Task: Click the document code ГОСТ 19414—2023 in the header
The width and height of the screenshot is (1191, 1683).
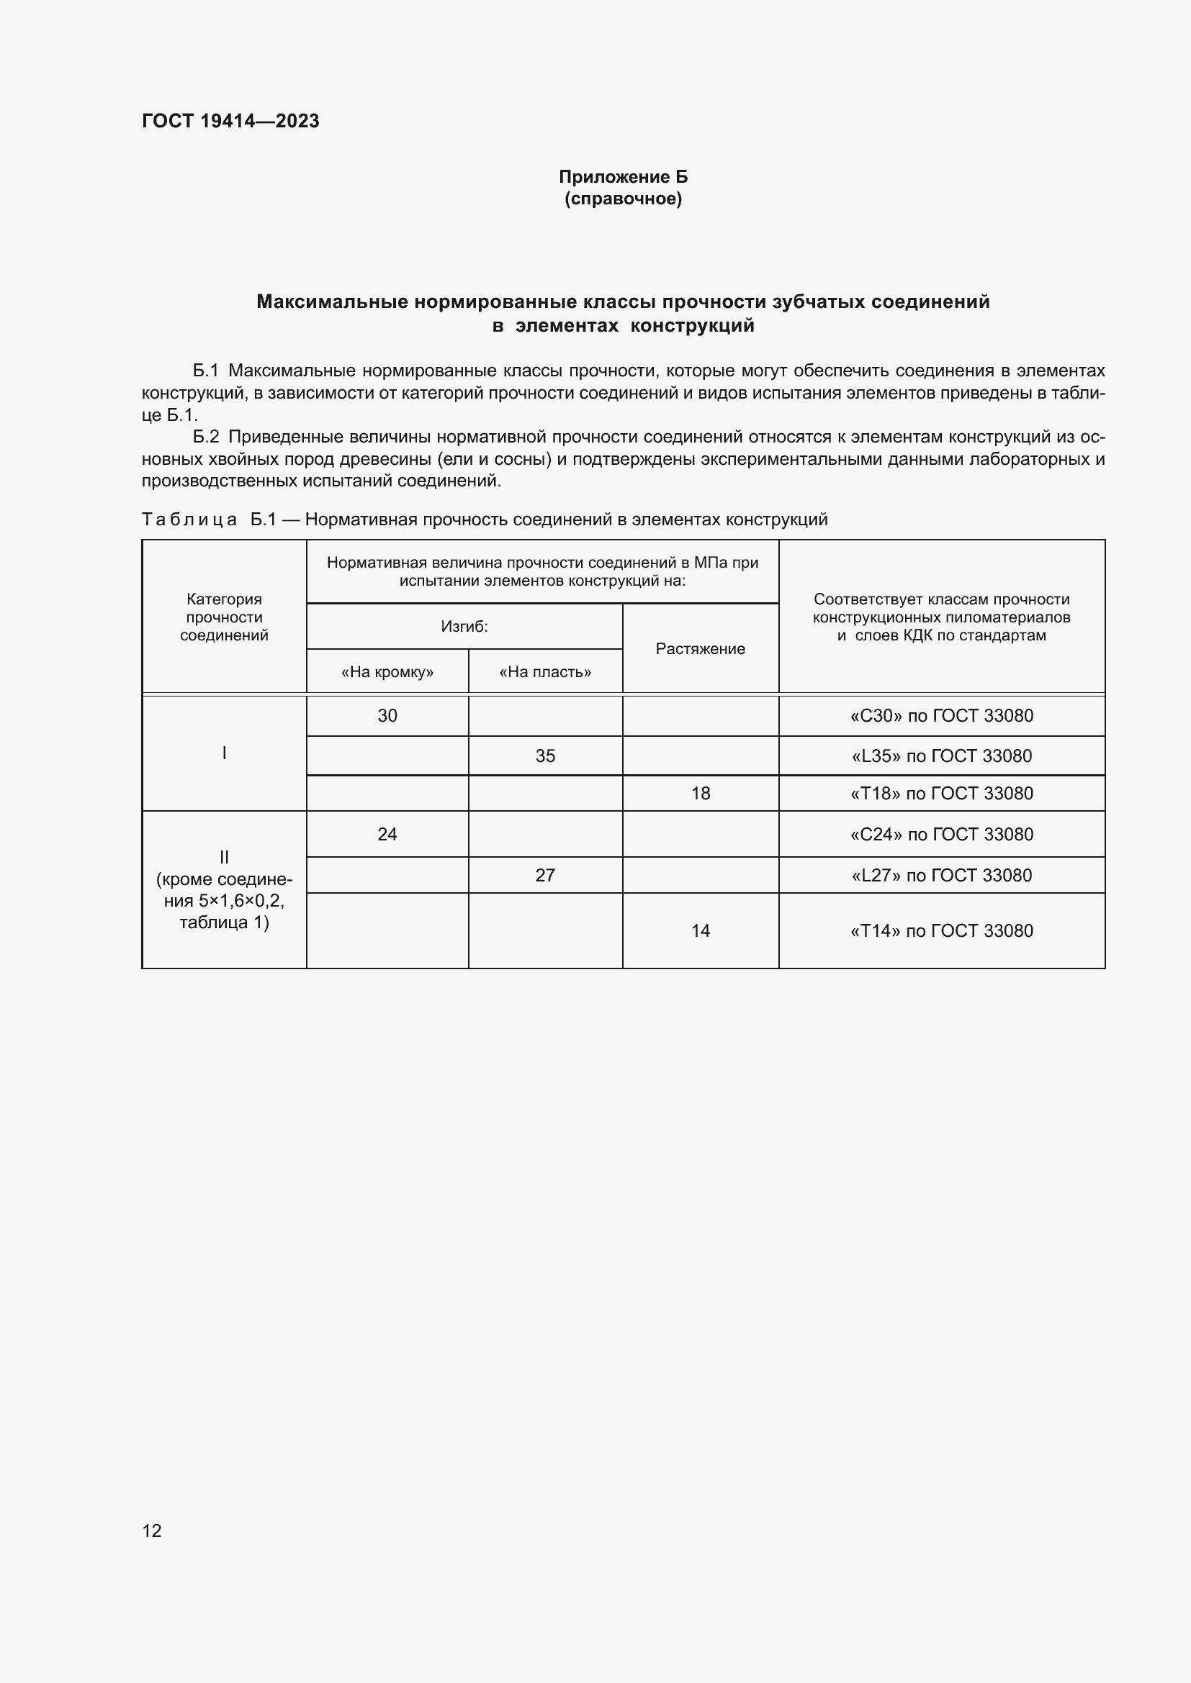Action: [230, 121]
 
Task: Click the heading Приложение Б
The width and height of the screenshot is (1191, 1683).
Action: [623, 177]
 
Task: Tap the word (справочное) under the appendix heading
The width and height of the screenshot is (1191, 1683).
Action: [623, 199]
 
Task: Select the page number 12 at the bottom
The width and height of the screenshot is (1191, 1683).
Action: [152, 1530]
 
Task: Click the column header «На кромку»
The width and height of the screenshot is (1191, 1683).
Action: [387, 672]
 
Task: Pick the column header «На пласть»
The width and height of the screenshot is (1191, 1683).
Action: [545, 672]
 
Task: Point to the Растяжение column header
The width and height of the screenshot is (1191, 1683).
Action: [700, 649]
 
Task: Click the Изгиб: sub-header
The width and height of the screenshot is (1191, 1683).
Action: [464, 627]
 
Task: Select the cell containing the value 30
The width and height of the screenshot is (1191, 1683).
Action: [387, 715]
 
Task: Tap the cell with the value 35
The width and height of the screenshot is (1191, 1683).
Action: [545, 756]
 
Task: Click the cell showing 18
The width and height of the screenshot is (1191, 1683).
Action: [701, 793]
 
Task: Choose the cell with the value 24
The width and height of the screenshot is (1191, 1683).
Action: [387, 834]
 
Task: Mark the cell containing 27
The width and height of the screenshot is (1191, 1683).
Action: [545, 875]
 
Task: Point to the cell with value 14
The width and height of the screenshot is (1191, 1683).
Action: [701, 931]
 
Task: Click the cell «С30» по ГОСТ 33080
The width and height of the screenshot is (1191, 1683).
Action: [941, 715]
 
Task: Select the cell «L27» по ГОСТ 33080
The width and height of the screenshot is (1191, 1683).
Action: [941, 875]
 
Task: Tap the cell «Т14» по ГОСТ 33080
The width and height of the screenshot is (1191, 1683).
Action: [941, 931]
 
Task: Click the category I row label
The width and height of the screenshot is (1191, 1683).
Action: [225, 753]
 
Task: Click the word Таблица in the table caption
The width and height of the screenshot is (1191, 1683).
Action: [189, 520]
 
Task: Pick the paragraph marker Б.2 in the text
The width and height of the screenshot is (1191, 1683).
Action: [206, 437]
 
